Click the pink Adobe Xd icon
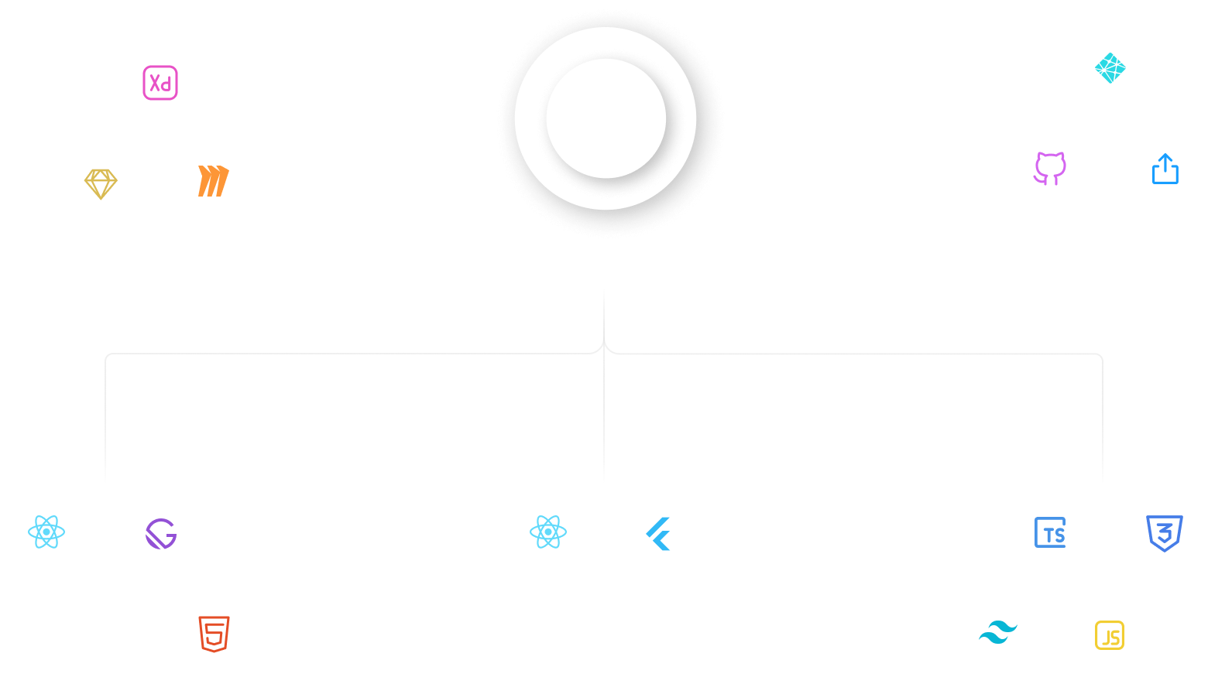(x=160, y=83)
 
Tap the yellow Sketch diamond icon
(x=101, y=184)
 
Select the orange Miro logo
(x=213, y=182)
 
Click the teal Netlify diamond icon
(x=1110, y=69)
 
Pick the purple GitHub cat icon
(x=1049, y=168)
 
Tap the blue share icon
(x=1165, y=169)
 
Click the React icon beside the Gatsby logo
(x=46, y=532)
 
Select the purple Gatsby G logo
(x=161, y=534)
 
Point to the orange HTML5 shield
(x=214, y=634)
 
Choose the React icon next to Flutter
(x=548, y=532)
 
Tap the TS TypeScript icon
(x=1050, y=533)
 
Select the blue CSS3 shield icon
(x=1164, y=533)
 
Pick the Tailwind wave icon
(x=997, y=634)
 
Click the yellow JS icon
(x=1110, y=635)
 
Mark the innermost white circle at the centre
(x=606, y=118)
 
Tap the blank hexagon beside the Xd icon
(x=46, y=81)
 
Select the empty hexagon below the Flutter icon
(x=602, y=634)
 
